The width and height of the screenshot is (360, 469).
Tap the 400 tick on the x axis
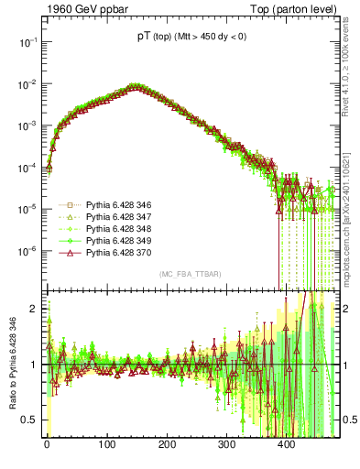[x=286, y=444]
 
